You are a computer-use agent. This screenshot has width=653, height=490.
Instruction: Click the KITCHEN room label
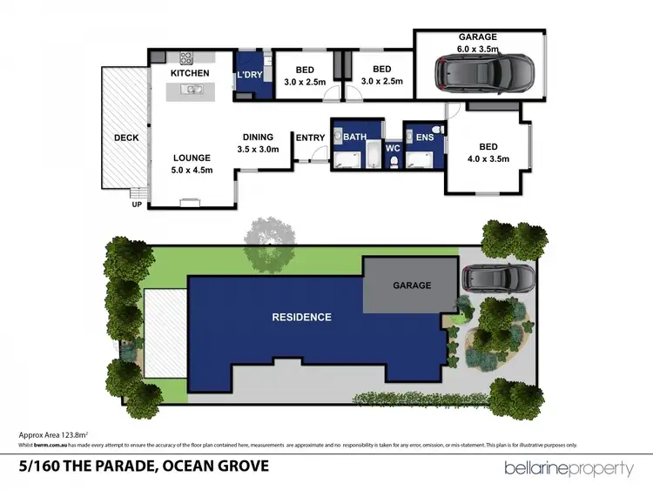pos(189,73)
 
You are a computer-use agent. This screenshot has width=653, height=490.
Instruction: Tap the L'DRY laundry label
pos(249,75)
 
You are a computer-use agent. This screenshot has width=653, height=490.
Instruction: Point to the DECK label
pos(126,138)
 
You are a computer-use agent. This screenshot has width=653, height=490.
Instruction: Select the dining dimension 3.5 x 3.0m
pos(258,149)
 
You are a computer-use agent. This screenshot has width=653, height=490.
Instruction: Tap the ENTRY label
pos(310,138)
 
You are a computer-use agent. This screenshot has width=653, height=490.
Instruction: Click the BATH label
pos(354,138)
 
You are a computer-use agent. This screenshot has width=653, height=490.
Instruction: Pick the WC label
pos(392,149)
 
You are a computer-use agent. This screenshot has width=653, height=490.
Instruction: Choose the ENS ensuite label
pos(424,138)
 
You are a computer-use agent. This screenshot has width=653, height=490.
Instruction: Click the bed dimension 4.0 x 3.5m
pos(486,158)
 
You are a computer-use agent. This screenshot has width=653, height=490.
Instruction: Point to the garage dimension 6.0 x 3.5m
pos(478,50)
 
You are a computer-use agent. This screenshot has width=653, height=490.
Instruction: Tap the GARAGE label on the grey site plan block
pos(412,285)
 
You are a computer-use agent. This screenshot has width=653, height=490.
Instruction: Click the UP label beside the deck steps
pos(135,205)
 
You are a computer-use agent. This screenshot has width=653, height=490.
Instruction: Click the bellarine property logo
pos(569,469)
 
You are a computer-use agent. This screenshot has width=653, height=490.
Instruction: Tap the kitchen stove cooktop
pos(186,58)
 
